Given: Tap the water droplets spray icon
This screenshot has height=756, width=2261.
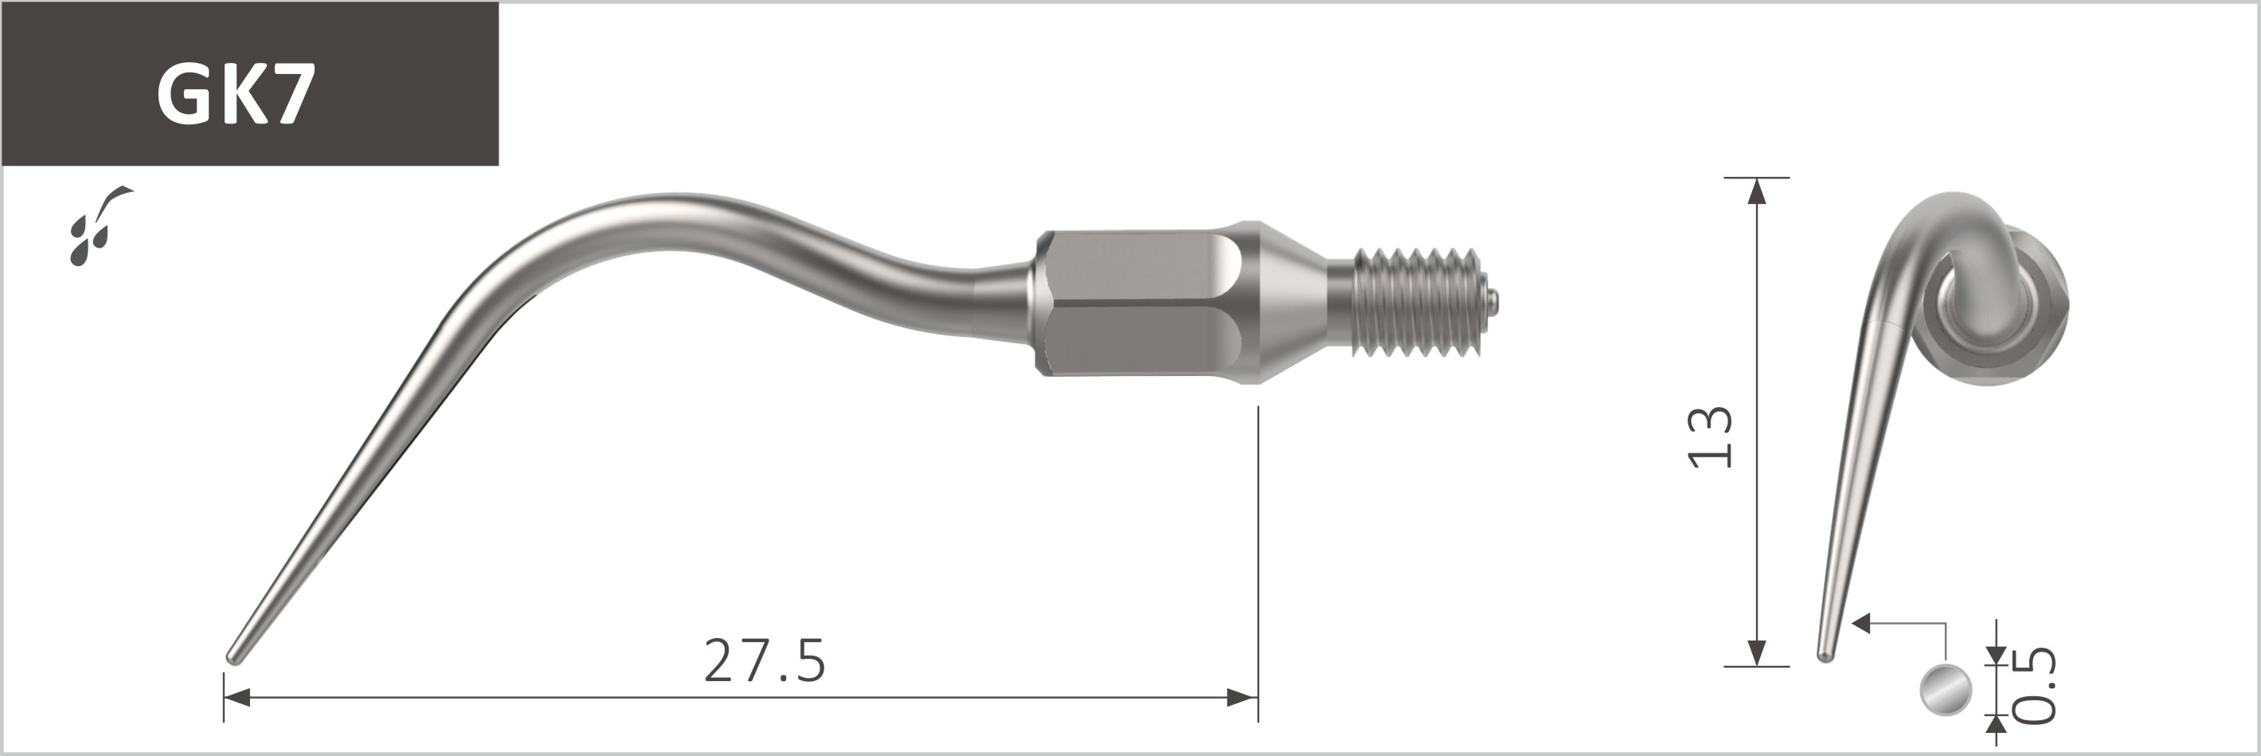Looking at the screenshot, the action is point(100,225).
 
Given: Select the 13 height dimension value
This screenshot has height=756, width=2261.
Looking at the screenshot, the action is point(1711,437).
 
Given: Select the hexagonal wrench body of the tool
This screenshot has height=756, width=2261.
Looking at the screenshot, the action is point(1142,303).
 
